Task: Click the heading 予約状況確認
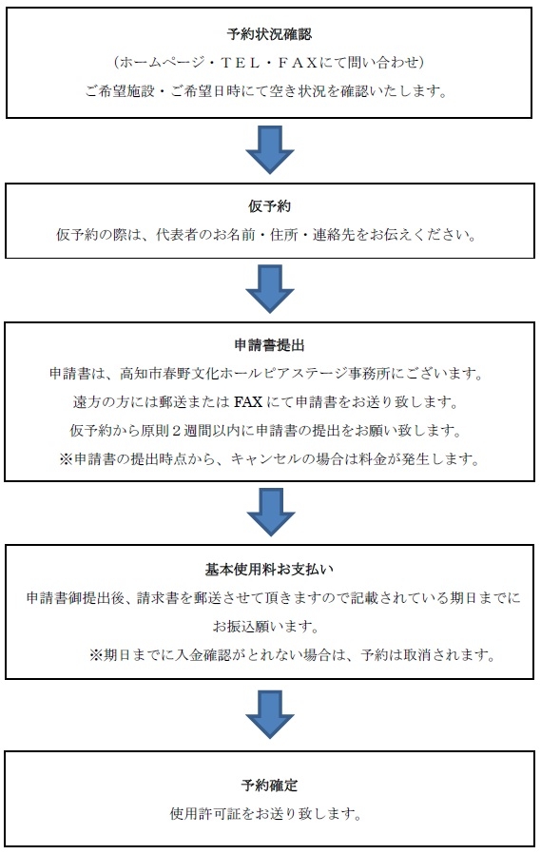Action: [269, 34]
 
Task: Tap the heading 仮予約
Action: [269, 206]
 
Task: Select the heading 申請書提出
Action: [269, 345]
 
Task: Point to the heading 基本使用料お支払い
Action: [269, 570]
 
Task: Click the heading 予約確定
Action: [269, 786]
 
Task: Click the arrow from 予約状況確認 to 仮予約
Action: [270, 149]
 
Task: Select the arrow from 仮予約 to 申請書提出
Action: [270, 289]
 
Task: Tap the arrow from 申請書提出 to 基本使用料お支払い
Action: [270, 512]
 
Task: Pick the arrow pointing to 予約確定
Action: [270, 714]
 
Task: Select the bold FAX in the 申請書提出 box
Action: [248, 402]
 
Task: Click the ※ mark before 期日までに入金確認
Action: [96, 654]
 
